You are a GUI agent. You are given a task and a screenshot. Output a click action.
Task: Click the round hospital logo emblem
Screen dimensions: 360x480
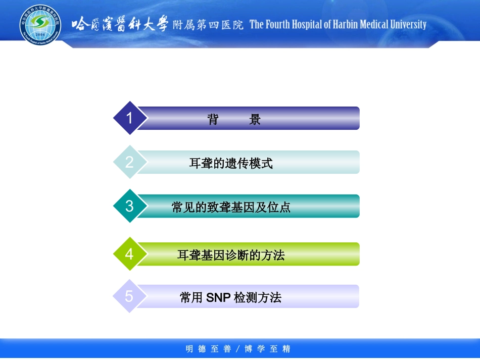point(39,24)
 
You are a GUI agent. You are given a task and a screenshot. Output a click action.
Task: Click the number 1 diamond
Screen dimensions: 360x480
point(130,118)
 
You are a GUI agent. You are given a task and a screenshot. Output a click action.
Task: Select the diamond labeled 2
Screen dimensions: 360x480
point(130,162)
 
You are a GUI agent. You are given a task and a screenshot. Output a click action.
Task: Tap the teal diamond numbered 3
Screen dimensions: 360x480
point(130,206)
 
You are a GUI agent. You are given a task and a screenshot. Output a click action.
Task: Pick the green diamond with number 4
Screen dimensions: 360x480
point(130,254)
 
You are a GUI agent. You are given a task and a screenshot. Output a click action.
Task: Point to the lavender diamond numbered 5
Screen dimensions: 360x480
point(129,296)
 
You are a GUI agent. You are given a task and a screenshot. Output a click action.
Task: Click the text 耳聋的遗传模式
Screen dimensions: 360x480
point(231,164)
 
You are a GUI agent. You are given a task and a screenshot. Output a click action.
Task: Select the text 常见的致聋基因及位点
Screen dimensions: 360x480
point(231,208)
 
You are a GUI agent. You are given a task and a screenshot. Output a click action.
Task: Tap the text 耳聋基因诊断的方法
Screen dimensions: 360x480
point(231,255)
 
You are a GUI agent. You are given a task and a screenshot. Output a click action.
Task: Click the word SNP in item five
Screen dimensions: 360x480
point(218,298)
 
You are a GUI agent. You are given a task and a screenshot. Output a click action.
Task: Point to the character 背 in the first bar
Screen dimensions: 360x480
point(213,120)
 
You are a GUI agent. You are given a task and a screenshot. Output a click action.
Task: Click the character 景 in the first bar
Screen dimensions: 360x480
point(255,120)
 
